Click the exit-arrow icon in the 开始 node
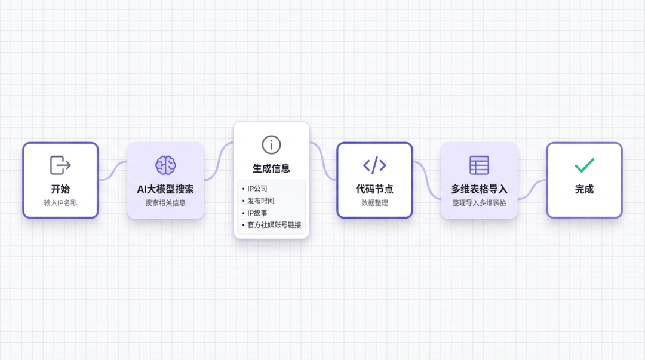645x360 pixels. pos(60,165)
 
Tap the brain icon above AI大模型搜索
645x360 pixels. pos(166,165)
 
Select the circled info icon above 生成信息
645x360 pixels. pos(271,145)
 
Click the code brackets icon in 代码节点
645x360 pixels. pos(374,165)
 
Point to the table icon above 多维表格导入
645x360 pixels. pos(479,165)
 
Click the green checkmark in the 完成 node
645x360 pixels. pos(584,165)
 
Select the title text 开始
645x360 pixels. pos(60,189)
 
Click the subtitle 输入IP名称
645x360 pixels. pos(60,203)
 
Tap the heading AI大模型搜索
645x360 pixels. pos(165,189)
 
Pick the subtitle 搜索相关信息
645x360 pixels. pos(165,203)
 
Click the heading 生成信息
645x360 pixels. pos(271,168)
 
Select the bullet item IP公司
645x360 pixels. pos(257,189)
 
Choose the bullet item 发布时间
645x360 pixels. pos(261,201)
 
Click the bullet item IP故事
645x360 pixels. pos(257,213)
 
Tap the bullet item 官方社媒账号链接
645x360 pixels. pos(274,225)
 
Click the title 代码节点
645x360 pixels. pos(374,189)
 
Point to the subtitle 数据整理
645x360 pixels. pos(374,203)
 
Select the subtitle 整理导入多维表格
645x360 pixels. pos(479,203)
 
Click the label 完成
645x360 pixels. pos(584,189)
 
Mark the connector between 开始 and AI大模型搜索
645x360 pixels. pos(113,171)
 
